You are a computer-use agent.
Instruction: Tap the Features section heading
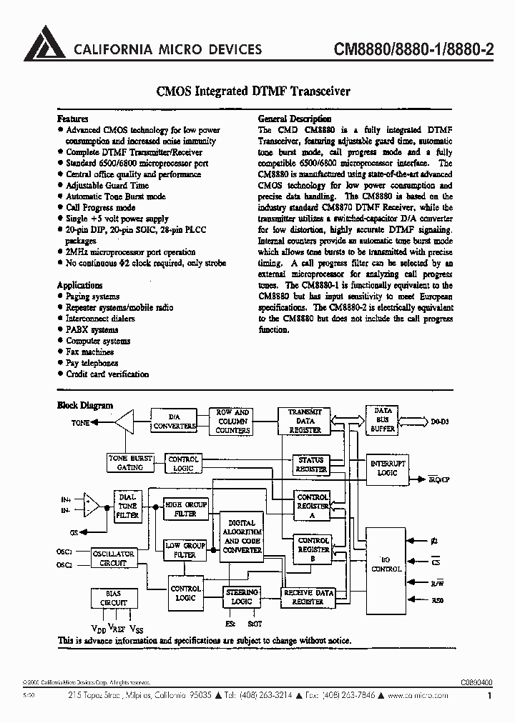pos(72,119)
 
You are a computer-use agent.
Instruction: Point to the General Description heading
pos(294,119)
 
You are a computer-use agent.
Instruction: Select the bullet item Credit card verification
pos(107,374)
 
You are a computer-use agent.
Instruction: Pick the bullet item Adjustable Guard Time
pos(107,186)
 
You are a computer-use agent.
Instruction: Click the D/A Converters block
pos(174,421)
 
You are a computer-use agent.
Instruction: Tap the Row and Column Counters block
pos(232,422)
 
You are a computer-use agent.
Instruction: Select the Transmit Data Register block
pos(305,422)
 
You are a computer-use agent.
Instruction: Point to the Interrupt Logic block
pos(387,468)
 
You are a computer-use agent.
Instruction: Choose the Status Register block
pos(310,465)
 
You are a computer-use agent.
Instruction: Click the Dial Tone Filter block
pos(128,506)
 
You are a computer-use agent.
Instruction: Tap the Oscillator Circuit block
pos(114,558)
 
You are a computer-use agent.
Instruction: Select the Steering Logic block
pos(242,597)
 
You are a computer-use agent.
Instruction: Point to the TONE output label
pos(80,423)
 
